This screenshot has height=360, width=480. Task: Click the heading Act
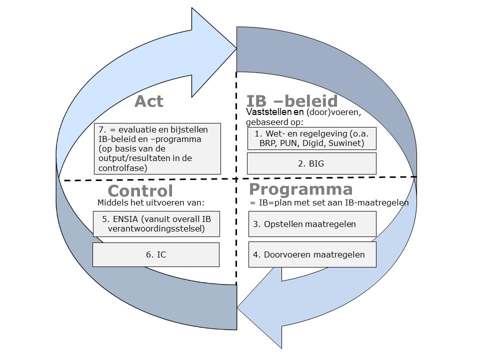[x=148, y=101]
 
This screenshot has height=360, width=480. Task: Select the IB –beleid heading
[x=292, y=101]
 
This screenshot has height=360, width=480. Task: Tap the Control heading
[x=140, y=190]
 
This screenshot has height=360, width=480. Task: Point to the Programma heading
[x=300, y=189]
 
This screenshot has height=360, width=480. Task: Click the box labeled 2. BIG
[x=311, y=163]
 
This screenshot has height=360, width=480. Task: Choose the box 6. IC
[x=156, y=254]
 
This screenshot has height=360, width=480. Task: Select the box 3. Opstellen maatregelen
[x=312, y=224]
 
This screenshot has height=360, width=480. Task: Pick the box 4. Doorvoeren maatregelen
[x=312, y=254]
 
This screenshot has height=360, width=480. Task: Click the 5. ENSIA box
[x=156, y=224]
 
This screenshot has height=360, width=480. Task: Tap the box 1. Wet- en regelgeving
[x=311, y=138]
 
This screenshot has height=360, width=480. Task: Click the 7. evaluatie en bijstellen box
[x=157, y=149]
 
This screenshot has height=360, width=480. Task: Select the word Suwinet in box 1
[x=345, y=143]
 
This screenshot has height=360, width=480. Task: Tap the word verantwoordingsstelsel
[x=156, y=229]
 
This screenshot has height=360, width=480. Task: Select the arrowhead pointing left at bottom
[x=260, y=306]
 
